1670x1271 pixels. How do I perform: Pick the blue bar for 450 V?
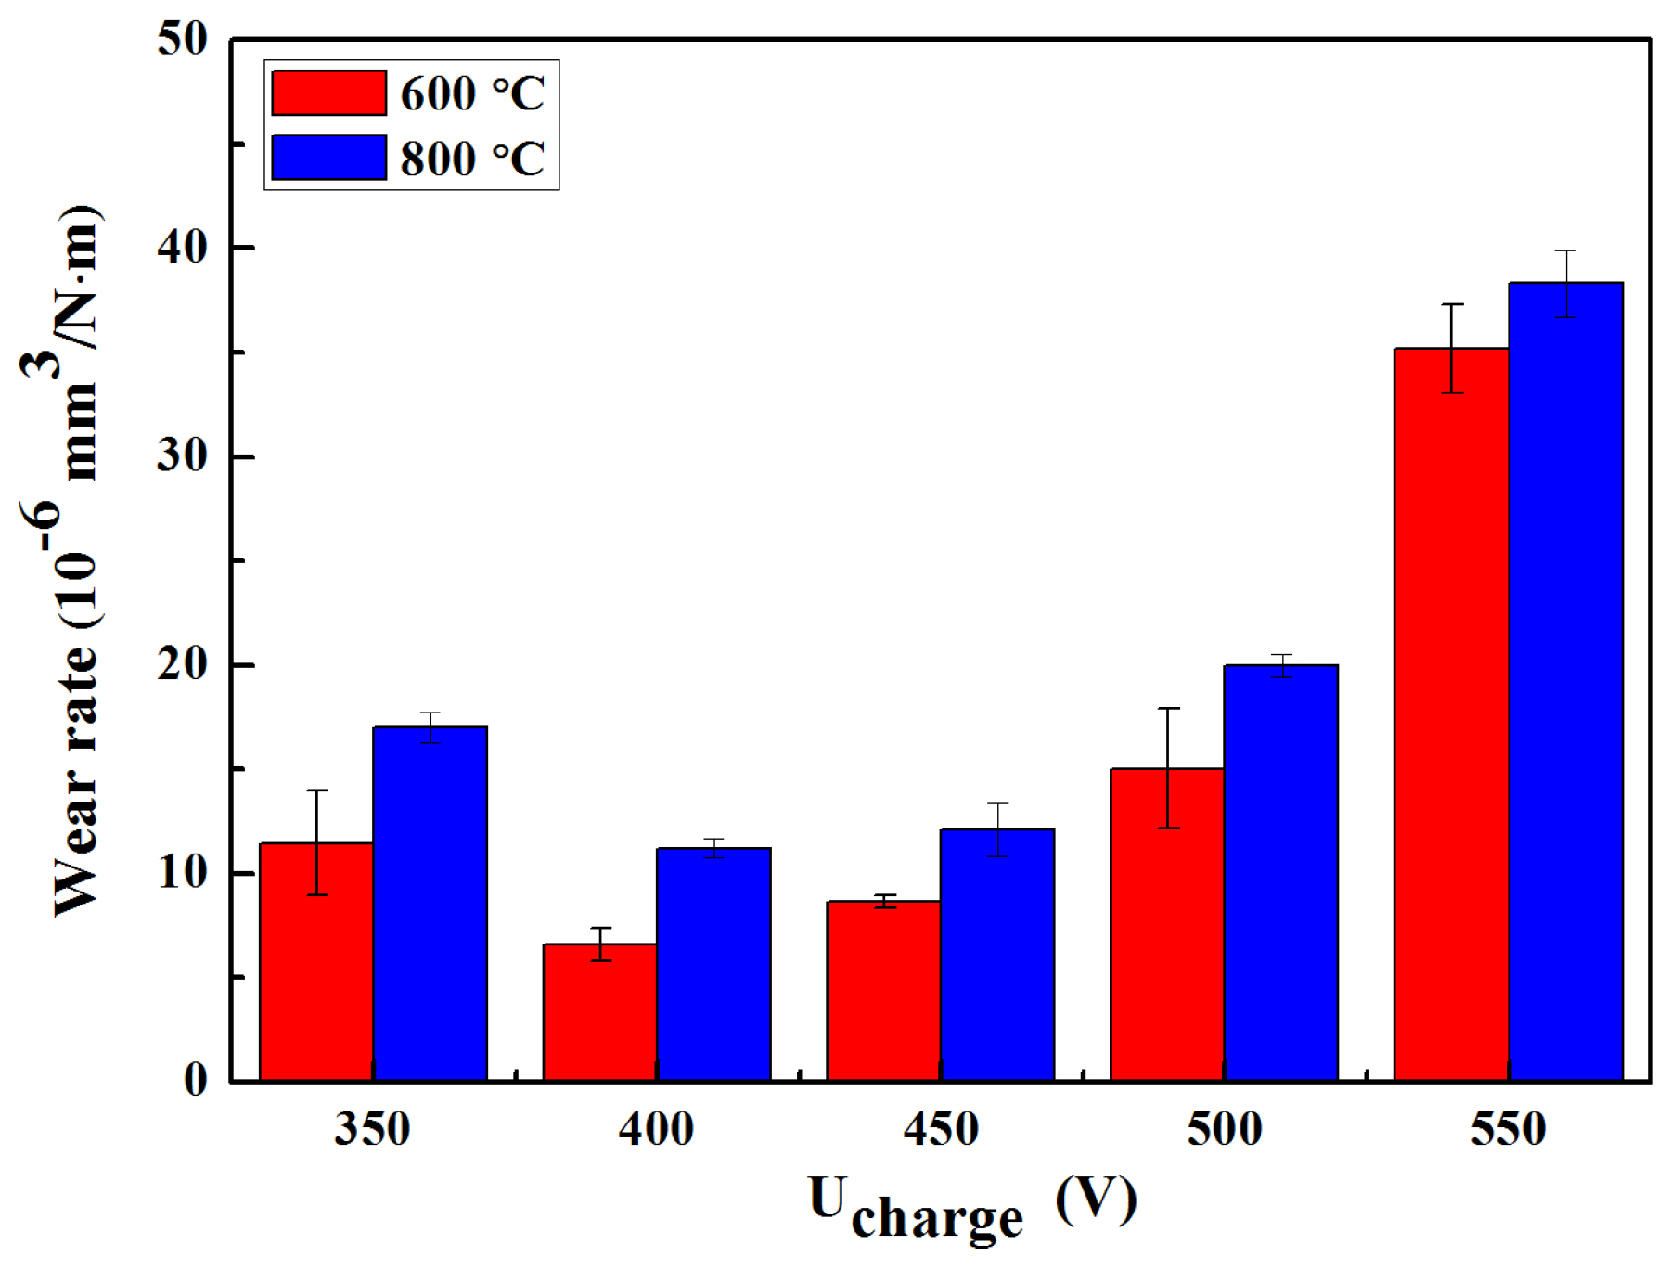997,956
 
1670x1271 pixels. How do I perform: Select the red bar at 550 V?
1451,714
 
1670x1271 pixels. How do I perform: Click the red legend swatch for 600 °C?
328,93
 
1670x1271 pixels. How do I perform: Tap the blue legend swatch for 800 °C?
328,157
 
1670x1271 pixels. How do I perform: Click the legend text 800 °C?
472,158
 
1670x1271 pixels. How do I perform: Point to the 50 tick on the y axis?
182,40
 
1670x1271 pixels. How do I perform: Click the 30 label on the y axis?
182,456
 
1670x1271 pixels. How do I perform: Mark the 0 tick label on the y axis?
196,1081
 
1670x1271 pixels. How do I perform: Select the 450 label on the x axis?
940,1130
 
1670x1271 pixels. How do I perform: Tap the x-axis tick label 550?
1508,1130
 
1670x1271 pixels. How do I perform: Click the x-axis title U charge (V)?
971,1204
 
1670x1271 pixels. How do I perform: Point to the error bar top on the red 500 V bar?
1167,709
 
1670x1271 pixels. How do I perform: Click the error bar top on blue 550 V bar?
1565,251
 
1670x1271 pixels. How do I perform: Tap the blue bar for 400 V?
713,965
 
